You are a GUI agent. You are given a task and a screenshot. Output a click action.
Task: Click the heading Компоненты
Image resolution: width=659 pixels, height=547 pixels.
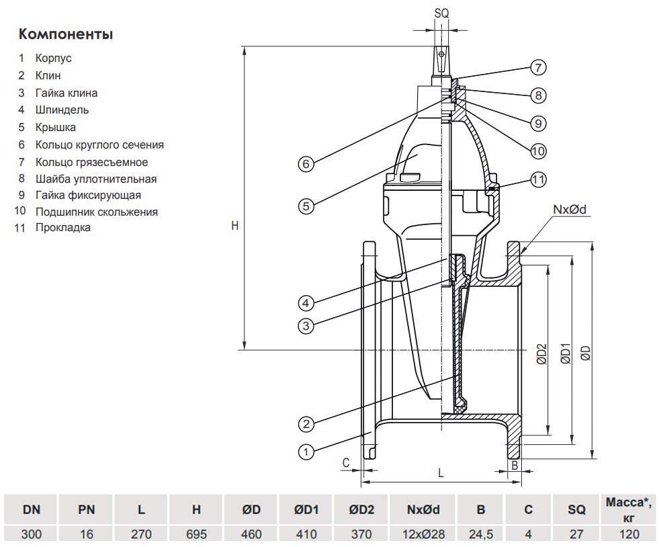click(65, 34)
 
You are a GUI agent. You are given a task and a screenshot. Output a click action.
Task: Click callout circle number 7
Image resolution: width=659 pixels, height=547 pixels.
click(537, 67)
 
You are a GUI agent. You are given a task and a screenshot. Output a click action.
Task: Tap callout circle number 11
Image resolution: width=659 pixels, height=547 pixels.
click(538, 179)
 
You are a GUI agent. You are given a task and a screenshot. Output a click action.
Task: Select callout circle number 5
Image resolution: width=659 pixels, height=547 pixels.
click(306, 206)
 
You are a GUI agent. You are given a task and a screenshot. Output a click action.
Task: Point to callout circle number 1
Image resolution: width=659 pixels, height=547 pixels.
click(306, 452)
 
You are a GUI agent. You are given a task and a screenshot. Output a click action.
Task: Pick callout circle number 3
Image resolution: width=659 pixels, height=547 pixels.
click(306, 326)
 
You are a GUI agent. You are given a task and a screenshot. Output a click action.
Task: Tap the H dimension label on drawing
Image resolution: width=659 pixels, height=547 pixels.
click(234, 226)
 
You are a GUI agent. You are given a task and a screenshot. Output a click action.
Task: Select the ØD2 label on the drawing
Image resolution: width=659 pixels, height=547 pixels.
click(542, 354)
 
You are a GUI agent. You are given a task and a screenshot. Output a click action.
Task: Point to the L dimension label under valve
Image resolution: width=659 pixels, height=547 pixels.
click(441, 472)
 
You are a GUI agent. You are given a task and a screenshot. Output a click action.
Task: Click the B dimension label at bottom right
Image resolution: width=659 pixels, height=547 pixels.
click(514, 464)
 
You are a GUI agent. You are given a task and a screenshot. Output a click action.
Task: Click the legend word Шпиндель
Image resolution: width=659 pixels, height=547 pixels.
click(62, 110)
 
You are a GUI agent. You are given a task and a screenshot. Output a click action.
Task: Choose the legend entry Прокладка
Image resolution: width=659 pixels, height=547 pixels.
click(63, 227)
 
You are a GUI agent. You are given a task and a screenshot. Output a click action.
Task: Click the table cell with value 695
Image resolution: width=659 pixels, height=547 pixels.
click(196, 535)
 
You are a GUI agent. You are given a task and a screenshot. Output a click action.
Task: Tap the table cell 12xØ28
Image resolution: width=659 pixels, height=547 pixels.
click(423, 535)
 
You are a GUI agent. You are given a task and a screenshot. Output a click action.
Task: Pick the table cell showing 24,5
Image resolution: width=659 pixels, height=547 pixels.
click(480, 535)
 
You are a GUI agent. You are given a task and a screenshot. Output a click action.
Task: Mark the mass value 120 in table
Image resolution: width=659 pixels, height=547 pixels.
click(629, 535)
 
